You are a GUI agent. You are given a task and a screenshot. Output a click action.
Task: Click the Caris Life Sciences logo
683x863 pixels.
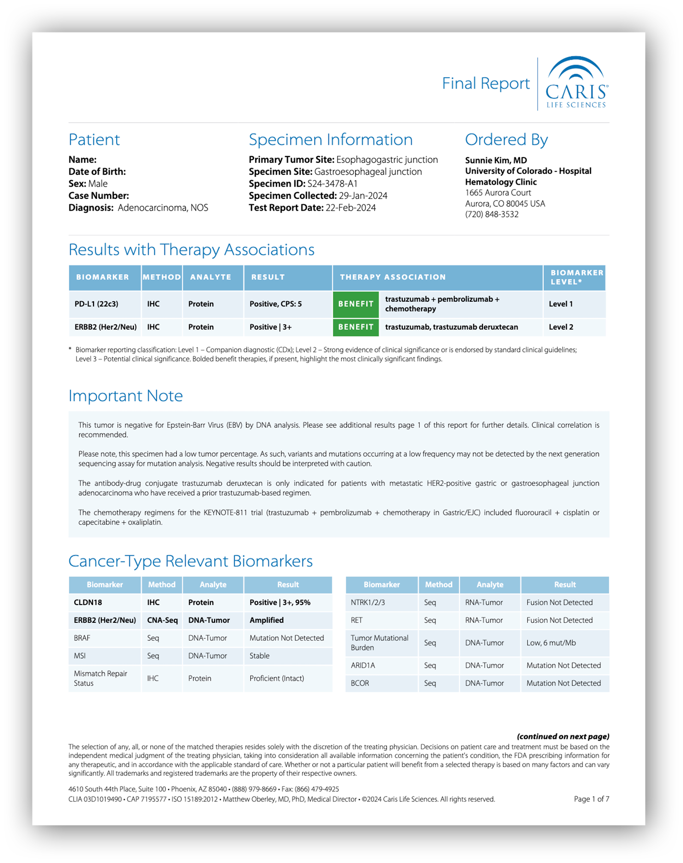pyautogui.click(x=576, y=83)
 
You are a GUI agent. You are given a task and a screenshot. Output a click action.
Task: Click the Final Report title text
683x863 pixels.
pyautogui.click(x=486, y=83)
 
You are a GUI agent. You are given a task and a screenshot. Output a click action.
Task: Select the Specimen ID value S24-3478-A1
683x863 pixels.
pyautogui.click(x=332, y=184)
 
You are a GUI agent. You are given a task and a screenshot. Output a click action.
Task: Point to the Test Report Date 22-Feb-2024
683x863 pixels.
pyautogui.click(x=351, y=208)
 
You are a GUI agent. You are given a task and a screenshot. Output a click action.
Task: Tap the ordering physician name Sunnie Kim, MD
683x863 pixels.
pyautogui.click(x=496, y=160)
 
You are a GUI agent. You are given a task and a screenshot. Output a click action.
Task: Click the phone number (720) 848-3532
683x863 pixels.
pyautogui.click(x=491, y=214)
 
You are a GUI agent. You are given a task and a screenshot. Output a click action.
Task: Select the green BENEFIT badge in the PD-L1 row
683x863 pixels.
pyautogui.click(x=356, y=304)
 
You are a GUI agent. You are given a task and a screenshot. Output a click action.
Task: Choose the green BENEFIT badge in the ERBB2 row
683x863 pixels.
pyautogui.click(x=356, y=327)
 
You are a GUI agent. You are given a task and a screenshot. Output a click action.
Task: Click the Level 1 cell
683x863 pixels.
pyautogui.click(x=560, y=304)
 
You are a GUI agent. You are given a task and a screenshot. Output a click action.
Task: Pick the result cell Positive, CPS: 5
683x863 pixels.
pyautogui.click(x=275, y=304)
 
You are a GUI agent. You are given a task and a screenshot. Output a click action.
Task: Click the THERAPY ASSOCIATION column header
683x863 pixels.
pyautogui.click(x=392, y=277)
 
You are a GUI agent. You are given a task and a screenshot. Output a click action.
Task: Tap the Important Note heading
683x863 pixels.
pyautogui.click(x=126, y=396)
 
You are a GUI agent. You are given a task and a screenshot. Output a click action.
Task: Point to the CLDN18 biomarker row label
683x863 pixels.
pyautogui.click(x=88, y=602)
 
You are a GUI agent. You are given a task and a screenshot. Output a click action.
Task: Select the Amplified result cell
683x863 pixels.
pyautogui.click(x=266, y=620)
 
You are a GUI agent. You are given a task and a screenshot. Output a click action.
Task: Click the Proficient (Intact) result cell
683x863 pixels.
pyautogui.click(x=276, y=678)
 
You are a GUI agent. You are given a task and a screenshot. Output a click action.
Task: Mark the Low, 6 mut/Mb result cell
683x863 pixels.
pyautogui.click(x=551, y=642)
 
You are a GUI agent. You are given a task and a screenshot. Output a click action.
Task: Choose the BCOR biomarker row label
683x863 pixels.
pyautogui.click(x=359, y=683)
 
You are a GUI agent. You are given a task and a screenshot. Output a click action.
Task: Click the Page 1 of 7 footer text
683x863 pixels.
pyautogui.click(x=591, y=799)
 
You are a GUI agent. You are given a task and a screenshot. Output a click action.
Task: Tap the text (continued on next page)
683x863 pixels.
pyautogui.click(x=563, y=736)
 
